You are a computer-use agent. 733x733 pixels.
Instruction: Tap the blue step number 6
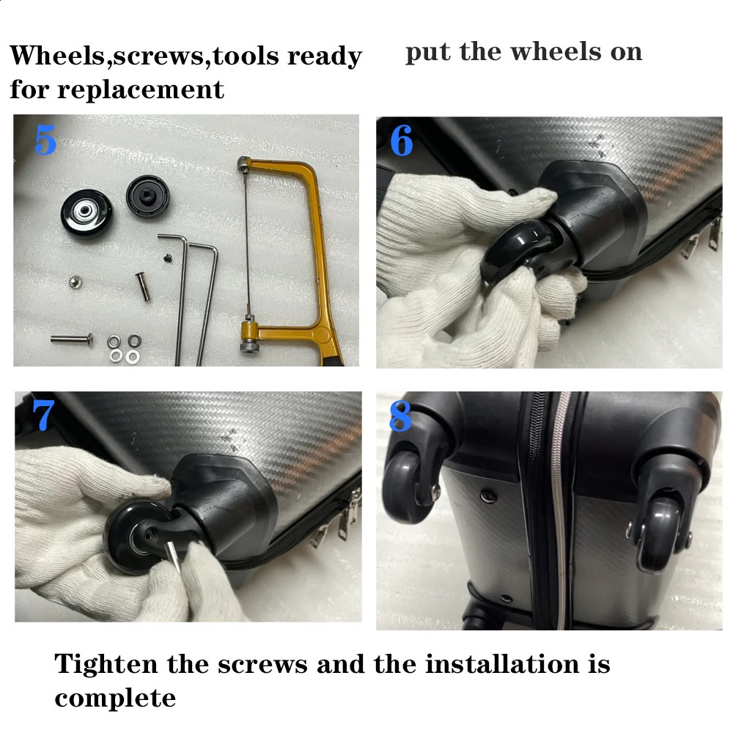pos(402,141)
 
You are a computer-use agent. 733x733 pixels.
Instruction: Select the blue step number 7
pos(43,416)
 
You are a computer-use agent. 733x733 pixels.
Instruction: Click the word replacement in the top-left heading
pos(141,89)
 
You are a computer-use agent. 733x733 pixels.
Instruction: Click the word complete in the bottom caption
pos(115,698)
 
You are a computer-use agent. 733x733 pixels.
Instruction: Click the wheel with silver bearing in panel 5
pos(84,212)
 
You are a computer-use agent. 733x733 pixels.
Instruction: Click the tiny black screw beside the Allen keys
pos(166,258)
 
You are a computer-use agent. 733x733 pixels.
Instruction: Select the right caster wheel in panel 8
pos(660,535)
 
